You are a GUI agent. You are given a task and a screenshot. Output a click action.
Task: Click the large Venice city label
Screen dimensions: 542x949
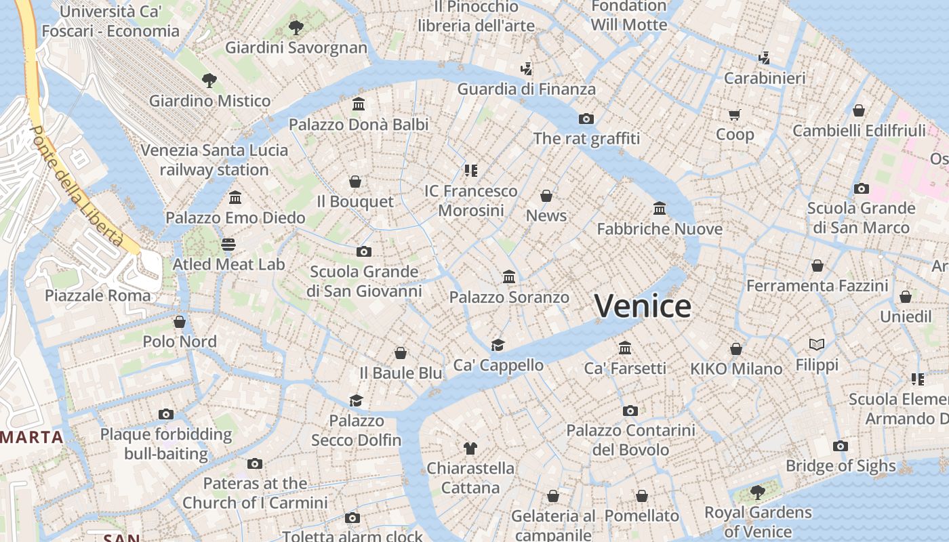click(x=643, y=306)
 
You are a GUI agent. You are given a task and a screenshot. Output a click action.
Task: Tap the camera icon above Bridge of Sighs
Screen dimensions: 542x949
click(x=841, y=446)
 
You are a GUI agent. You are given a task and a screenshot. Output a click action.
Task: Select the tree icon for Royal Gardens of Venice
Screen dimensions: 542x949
click(x=757, y=492)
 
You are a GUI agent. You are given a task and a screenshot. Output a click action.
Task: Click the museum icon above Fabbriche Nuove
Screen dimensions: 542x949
click(x=660, y=208)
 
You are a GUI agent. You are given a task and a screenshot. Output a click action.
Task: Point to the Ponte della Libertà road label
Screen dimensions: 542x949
click(x=77, y=186)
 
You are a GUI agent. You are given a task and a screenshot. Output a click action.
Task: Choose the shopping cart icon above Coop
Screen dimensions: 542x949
click(x=735, y=114)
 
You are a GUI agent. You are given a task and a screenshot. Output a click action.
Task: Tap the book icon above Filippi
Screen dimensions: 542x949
click(x=817, y=345)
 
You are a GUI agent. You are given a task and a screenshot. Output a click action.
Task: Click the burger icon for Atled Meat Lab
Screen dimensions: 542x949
click(x=228, y=244)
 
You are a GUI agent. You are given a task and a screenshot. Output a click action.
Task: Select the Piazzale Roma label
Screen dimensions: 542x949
click(x=98, y=295)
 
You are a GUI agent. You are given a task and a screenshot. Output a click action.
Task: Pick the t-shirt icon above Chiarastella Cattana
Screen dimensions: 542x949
click(x=470, y=448)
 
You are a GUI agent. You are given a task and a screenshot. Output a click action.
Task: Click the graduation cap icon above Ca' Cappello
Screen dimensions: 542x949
click(x=498, y=345)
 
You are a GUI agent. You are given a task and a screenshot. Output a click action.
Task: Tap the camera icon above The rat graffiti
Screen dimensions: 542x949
click(x=586, y=119)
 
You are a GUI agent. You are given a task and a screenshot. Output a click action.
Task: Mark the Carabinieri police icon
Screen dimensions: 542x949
click(x=765, y=58)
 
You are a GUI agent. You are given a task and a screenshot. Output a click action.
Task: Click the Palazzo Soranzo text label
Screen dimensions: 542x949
click(x=509, y=297)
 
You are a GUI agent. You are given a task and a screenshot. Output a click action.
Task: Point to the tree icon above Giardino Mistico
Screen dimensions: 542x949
click(x=209, y=81)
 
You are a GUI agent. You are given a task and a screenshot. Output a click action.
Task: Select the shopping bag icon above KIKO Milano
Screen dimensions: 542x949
click(x=736, y=349)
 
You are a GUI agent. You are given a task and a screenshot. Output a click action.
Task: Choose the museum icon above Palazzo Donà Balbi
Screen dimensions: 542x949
click(x=359, y=104)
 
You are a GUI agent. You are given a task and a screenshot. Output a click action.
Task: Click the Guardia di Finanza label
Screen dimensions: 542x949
click(x=526, y=89)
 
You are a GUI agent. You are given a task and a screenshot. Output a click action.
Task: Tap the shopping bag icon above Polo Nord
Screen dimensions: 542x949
click(x=180, y=321)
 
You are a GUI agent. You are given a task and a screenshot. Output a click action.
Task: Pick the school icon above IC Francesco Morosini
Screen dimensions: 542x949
click(x=471, y=170)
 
